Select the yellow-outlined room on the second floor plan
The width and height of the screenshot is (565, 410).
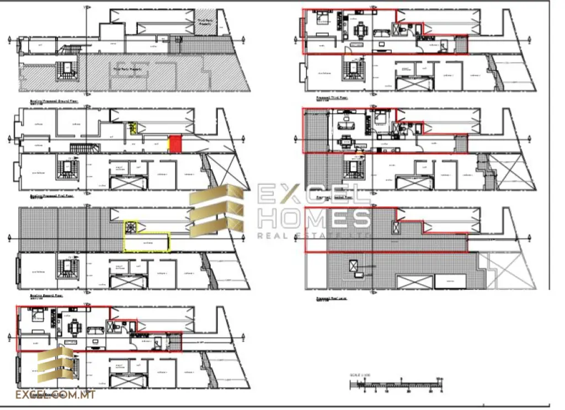click(x=147, y=242)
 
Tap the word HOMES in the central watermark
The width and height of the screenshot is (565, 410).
click(x=314, y=219)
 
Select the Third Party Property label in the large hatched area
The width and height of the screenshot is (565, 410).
click(x=128, y=70)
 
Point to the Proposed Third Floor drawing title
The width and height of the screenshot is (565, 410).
click(x=332, y=97)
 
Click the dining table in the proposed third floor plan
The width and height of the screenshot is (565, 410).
click(x=361, y=29)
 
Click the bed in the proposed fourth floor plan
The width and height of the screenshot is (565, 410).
click(x=381, y=118)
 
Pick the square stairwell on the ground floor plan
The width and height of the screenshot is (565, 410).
click(x=67, y=69)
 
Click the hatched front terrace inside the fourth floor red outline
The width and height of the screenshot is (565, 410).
click(x=316, y=130)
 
